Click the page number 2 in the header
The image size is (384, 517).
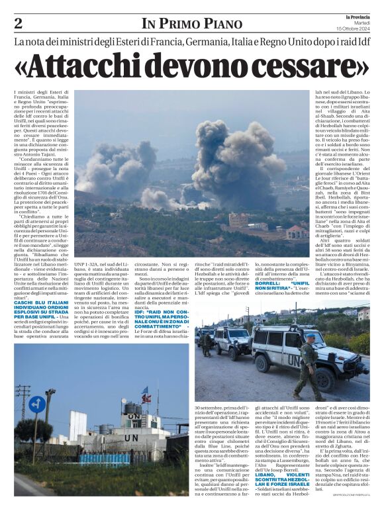coord(18,23)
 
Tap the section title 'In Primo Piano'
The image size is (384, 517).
coord(192,24)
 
